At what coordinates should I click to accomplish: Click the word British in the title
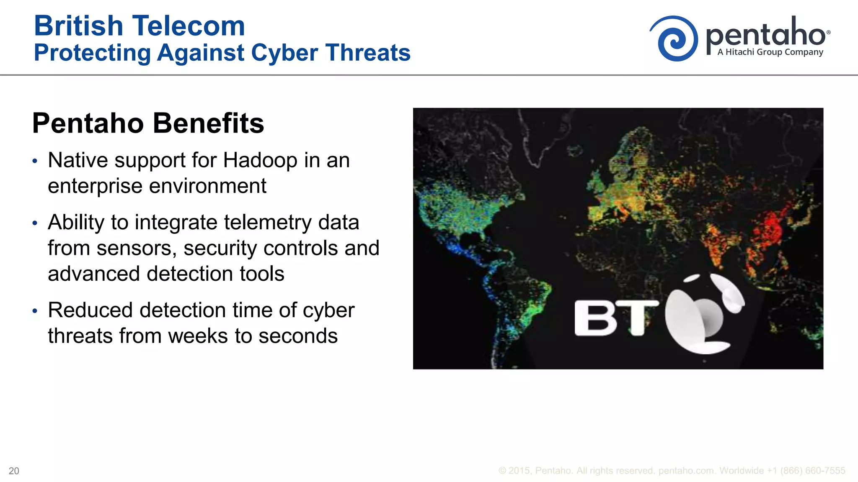pyautogui.click(x=79, y=26)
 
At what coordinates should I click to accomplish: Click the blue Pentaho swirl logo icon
pyautogui.click(x=674, y=39)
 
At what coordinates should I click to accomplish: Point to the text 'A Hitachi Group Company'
pyautogui.click(x=770, y=52)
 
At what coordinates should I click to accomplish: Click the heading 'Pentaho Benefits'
pyautogui.click(x=148, y=123)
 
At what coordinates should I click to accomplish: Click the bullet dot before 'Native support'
pyautogui.click(x=35, y=161)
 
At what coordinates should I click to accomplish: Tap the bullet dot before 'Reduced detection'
pyautogui.click(x=35, y=311)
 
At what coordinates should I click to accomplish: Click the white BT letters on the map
pyautogui.click(x=615, y=318)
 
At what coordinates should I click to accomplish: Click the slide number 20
pyautogui.click(x=14, y=471)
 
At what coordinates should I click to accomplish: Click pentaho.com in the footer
pyautogui.click(x=686, y=471)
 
